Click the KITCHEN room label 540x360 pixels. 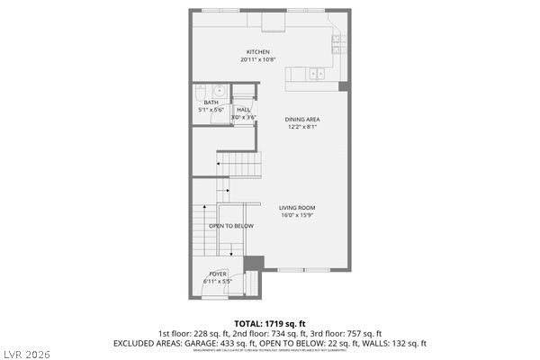(258, 52)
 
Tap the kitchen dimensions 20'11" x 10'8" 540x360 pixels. (258, 60)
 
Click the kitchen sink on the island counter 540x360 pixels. (317, 73)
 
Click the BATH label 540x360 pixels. (211, 103)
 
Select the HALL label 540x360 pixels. (243, 109)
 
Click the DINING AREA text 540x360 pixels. (302, 119)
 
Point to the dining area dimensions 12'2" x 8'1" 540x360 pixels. (302, 127)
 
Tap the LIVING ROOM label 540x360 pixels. (296, 207)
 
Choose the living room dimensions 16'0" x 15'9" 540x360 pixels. (296, 215)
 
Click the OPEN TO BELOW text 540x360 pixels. (231, 226)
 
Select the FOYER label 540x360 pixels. (218, 274)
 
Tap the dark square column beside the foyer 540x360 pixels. (255, 263)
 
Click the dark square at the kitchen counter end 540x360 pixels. (342, 86)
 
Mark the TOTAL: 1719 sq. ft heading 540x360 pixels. (270, 322)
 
